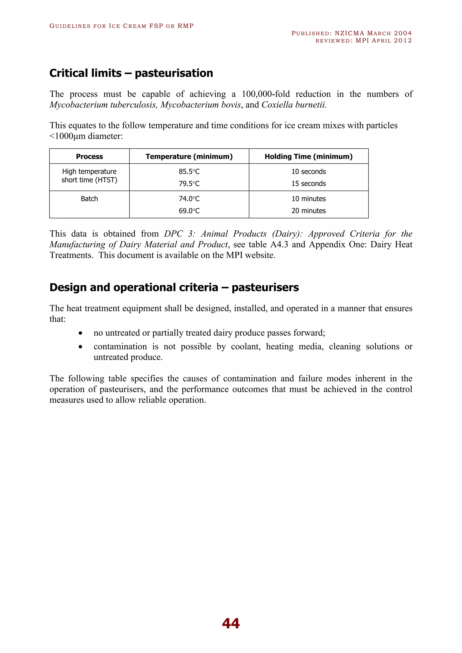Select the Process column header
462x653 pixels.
89,156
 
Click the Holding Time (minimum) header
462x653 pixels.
308,156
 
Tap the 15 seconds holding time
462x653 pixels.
308,184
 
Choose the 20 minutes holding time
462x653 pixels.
308,211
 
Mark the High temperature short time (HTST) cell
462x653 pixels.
89,176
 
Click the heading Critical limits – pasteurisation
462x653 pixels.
131,73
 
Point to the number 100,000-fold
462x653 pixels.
266,94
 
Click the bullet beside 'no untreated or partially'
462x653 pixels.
81,333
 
